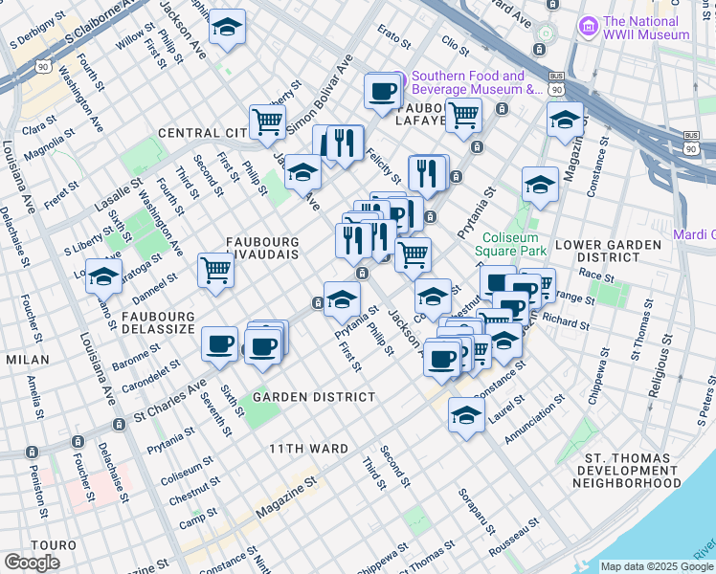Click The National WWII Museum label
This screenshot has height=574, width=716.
(645, 28)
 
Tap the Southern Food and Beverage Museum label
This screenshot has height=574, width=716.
(472, 83)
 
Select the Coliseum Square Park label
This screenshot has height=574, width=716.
(514, 244)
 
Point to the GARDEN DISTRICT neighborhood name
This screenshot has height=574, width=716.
(314, 396)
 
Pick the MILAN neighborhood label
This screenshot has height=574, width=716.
(27, 359)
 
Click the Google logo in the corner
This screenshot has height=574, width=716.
(32, 562)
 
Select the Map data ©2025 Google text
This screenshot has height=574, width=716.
(658, 566)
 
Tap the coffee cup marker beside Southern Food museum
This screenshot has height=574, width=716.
(381, 92)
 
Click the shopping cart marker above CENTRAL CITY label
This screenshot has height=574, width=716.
(267, 121)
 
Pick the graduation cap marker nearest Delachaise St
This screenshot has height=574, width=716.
(103, 276)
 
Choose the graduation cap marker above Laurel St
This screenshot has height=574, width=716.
(466, 415)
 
